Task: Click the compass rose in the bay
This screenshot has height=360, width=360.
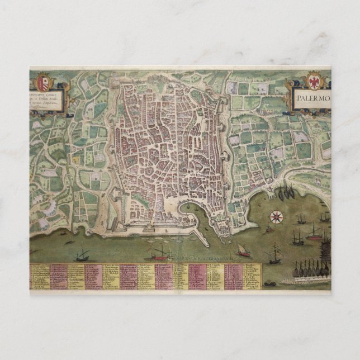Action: [x=276, y=215]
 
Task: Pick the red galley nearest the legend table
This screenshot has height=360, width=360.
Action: [x=161, y=254]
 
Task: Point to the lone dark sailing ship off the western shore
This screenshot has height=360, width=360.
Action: [x=83, y=255]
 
